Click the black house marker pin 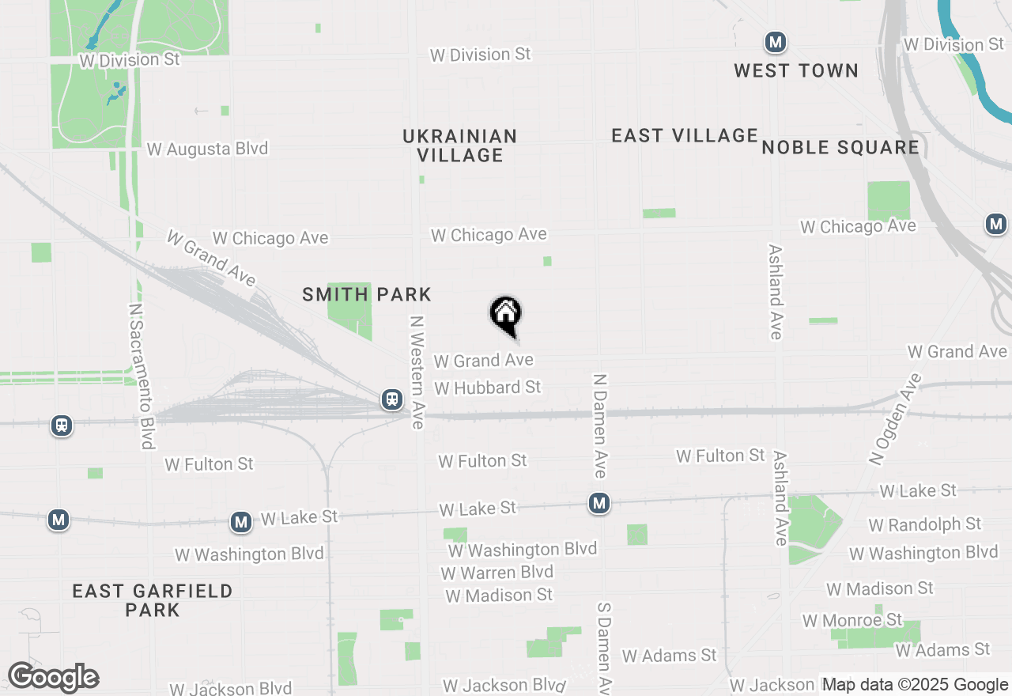pos(505,315)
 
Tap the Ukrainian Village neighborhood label pos(460,146)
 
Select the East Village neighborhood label pos(685,135)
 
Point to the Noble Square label pos(840,147)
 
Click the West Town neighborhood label pos(796,70)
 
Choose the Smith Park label pos(367,295)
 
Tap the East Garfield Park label pos(153,600)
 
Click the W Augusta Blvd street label pos(207,149)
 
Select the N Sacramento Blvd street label pos(141,376)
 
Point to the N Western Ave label pos(417,372)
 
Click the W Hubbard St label pos(488,388)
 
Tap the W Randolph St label pos(924,524)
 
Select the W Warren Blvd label pos(497,572)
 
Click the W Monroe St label pos(852,620)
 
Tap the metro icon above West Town pos(775,42)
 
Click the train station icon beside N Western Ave pos(392,399)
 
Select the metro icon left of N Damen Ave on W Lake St pos(599,503)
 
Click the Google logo pos(53,677)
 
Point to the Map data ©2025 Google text pos(915,685)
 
